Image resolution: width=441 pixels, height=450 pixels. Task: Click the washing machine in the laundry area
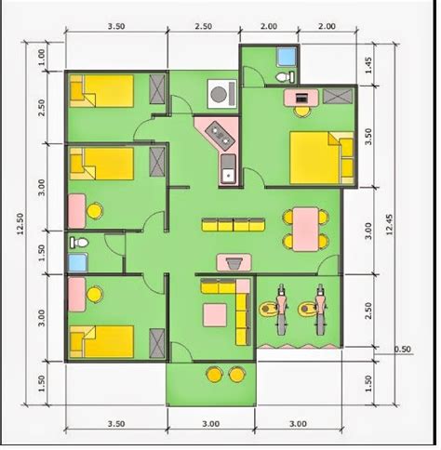pos(222,94)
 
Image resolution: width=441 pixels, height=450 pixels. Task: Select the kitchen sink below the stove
pos(228,169)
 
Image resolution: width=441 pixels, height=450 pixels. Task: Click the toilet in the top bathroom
pos(286,76)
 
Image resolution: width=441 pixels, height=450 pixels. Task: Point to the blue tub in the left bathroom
pos(77,263)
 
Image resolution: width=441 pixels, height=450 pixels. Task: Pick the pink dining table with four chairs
pos(305,229)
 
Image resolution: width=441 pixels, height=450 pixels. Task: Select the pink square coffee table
pos(215,315)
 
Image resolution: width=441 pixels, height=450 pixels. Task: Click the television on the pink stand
pos(234,264)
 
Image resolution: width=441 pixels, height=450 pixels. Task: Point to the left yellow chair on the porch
pos(214,375)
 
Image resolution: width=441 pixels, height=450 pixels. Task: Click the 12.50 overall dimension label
pos(20,223)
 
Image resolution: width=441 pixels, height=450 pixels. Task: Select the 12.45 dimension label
pos(390,225)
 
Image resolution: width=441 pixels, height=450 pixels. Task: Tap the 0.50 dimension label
pos(402,350)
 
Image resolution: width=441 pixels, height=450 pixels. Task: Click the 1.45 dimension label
pos(368,65)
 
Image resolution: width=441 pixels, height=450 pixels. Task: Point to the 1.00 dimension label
pos(41,58)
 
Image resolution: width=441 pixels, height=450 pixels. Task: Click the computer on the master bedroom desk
pos(301,99)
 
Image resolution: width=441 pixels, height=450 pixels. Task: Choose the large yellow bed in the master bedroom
pos(321,158)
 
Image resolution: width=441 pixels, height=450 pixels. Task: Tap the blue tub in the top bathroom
pos(287,57)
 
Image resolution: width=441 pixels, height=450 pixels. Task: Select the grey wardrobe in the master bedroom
pos(338,96)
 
